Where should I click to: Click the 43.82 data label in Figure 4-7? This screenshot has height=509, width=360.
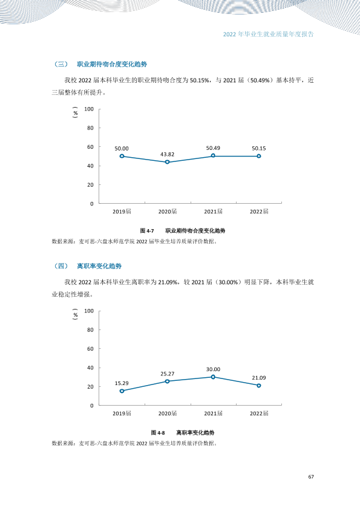pos(168,155)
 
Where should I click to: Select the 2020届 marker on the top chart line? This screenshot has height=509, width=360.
pos(168,162)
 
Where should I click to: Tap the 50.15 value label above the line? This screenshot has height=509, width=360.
pos(258,148)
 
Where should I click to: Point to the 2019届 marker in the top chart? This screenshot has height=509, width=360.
pos(122,156)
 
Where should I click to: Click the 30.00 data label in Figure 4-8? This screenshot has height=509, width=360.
pos(213,369)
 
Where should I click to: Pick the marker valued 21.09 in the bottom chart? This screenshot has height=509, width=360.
pos(258,386)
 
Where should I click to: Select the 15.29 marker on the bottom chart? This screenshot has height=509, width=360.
pos(122,391)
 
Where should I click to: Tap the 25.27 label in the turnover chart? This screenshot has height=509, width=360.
pos(168,374)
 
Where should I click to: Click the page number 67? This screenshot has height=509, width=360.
pos(311,476)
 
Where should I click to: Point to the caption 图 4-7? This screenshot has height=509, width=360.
pos(147,231)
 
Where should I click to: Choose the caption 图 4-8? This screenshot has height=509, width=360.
pos(158,433)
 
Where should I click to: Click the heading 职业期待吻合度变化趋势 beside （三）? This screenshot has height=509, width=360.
pos(112,64)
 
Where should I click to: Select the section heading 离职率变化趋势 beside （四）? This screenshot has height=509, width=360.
pos(99,266)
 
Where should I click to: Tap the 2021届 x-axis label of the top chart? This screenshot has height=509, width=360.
pos(213,212)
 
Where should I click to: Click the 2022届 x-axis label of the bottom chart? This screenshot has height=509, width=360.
pos(259,413)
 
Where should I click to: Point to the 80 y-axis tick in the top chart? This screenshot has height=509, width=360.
pos(90,128)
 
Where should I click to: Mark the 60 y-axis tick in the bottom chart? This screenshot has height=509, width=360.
pos(90,349)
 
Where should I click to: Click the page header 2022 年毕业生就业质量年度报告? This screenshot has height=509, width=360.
pos(269,34)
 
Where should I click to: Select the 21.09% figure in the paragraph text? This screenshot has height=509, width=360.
pos(168,282)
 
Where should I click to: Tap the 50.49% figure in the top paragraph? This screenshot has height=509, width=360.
pos(260,80)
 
